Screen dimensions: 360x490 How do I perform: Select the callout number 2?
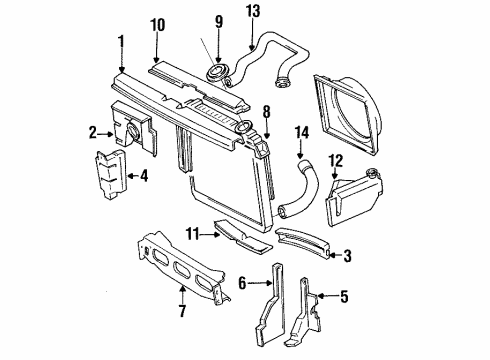pos(92,130)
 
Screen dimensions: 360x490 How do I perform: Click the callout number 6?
pos(241,285)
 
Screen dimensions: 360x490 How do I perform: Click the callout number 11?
pos(190,234)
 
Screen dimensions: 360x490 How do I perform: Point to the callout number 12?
pos(336,159)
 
